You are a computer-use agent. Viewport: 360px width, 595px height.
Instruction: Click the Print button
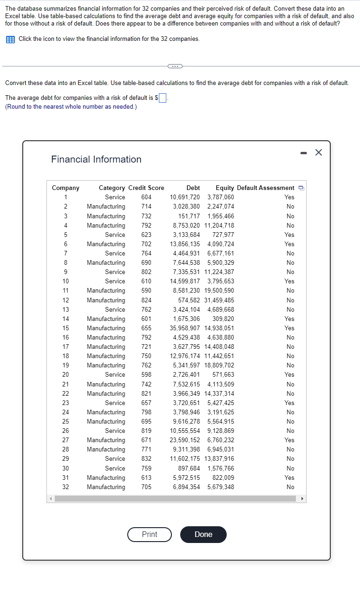150,534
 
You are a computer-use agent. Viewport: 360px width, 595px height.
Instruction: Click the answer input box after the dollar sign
163,98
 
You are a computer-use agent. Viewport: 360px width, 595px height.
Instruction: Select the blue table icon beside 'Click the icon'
10,39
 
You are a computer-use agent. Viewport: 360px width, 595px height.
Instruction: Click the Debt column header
193,188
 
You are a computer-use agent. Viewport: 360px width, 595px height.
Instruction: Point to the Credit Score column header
146,188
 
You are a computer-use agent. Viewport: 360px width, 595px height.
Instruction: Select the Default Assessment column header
265,188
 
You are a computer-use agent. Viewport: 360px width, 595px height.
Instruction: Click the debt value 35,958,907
185,328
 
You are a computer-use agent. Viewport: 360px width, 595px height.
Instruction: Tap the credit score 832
146,458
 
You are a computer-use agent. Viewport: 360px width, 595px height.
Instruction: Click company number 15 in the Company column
66,328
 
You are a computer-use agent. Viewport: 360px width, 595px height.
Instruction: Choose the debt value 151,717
189,216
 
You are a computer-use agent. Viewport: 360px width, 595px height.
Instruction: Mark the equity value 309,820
223,319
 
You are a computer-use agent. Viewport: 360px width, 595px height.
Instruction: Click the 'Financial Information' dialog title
96,159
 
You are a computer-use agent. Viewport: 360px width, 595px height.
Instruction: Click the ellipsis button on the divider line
176,66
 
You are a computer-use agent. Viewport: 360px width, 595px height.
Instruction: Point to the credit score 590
146,290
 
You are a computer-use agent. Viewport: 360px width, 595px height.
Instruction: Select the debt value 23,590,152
185,440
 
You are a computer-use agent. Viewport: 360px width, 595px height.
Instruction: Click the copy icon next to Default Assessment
301,188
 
